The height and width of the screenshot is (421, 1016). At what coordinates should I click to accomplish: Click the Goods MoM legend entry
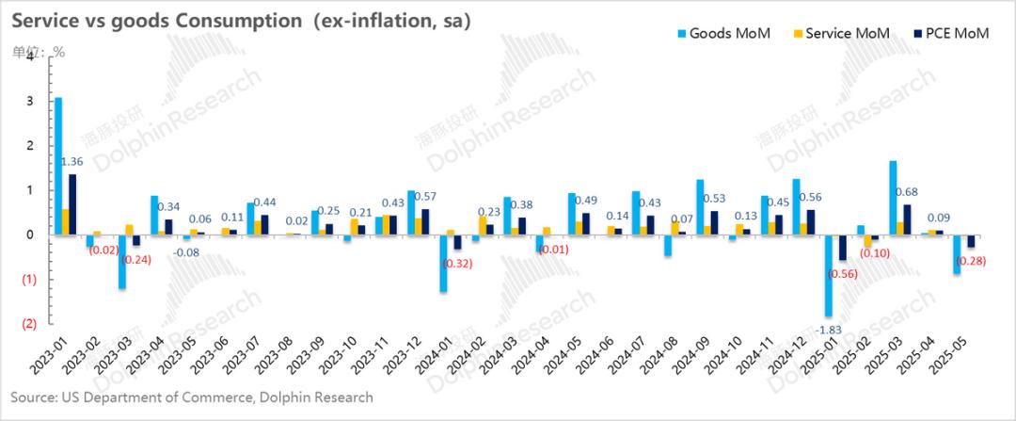click(x=729, y=34)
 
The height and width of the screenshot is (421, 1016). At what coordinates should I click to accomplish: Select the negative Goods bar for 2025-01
click(x=829, y=275)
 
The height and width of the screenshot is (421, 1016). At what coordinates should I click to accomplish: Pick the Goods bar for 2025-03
click(x=892, y=198)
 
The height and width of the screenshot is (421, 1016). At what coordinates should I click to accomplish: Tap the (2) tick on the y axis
click(x=29, y=324)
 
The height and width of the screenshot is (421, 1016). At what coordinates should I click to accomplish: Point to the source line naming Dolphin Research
click(x=192, y=397)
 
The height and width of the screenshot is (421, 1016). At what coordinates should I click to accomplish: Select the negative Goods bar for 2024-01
click(x=443, y=263)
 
